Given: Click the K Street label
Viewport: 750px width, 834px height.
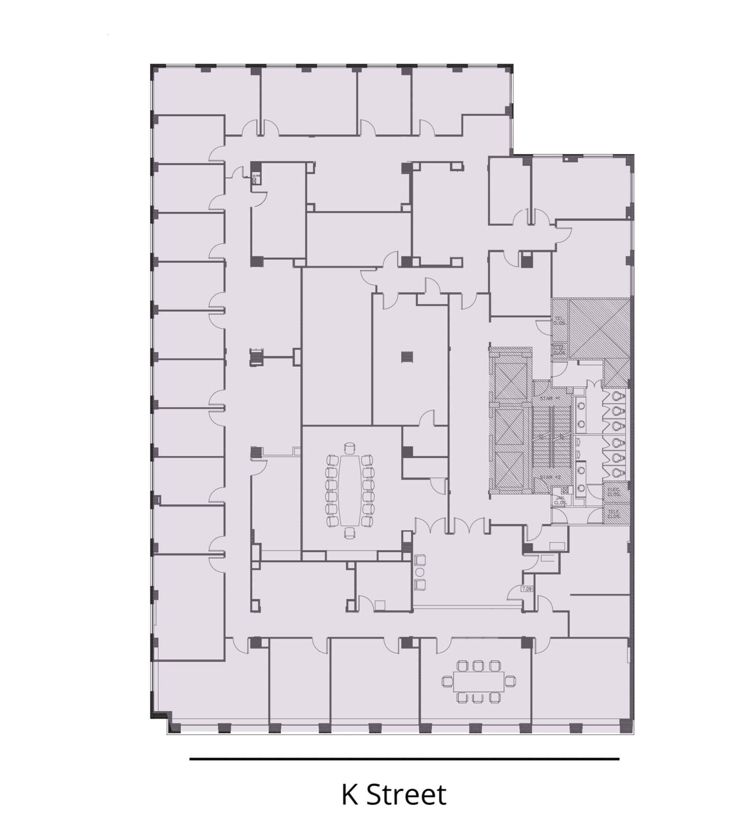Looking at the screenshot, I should (x=394, y=795).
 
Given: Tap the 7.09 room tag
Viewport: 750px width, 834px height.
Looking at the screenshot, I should (x=527, y=589).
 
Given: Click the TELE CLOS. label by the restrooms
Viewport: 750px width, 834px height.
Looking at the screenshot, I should (x=614, y=514).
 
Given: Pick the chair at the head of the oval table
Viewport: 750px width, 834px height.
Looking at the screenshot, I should (x=350, y=447).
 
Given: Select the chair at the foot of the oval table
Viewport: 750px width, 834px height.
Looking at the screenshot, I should (x=350, y=533).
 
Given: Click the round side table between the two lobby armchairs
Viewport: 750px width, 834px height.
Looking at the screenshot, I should (x=420, y=572).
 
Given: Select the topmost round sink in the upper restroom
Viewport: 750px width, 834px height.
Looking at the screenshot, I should (x=581, y=406).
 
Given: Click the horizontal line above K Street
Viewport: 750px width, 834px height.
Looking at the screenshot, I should (x=404, y=758).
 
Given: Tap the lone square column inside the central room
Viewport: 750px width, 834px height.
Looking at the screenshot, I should (x=407, y=356).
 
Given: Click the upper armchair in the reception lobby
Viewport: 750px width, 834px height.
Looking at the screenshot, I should (x=420, y=560).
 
